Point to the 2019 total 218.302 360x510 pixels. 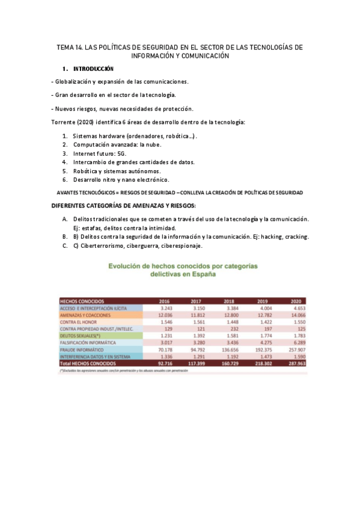[x=261, y=364]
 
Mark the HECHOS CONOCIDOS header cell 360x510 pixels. [x=82, y=301]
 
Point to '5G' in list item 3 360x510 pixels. [x=123, y=153]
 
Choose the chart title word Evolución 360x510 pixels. [x=127, y=265]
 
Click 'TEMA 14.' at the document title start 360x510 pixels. [x=69, y=47]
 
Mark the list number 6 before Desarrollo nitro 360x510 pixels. [x=64, y=180]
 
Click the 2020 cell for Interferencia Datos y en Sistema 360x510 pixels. [x=294, y=357]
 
